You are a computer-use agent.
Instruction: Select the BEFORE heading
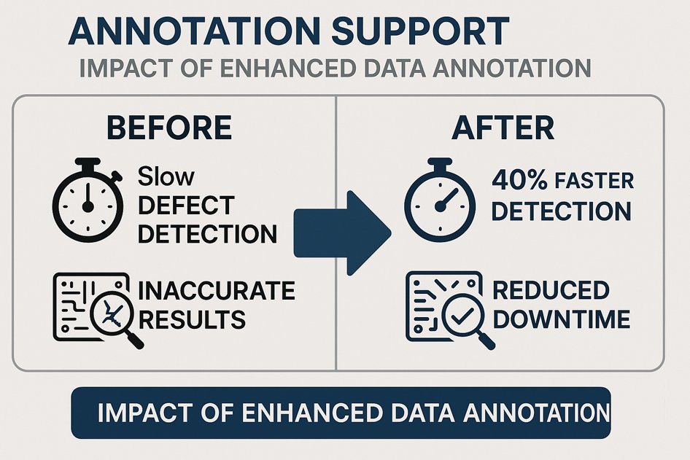pos(169,128)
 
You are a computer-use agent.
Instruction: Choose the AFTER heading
pos(503,128)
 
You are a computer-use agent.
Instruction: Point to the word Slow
pos(166,176)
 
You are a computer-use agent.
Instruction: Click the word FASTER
pos(593,182)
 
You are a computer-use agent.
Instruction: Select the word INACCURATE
pos(217,292)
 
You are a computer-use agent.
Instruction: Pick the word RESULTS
pos(192,319)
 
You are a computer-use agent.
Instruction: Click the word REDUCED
pos(551,290)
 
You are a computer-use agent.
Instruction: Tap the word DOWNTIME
pos(561,319)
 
